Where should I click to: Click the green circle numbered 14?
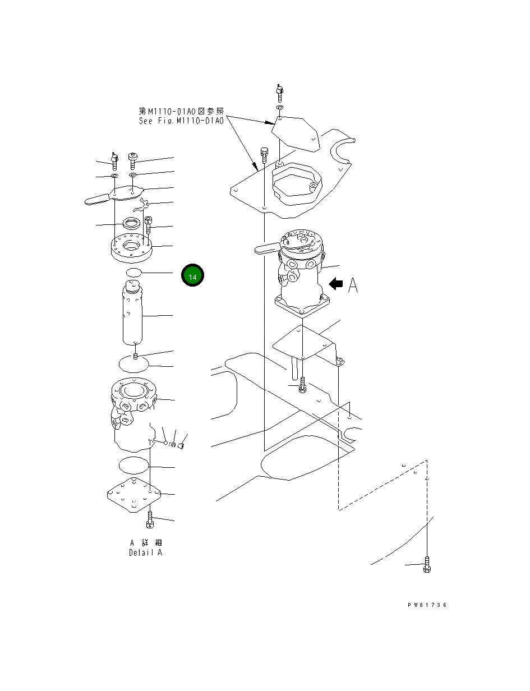[192, 276]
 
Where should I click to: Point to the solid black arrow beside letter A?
[336, 284]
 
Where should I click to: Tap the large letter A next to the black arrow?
[353, 285]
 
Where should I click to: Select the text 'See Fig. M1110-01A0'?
[181, 121]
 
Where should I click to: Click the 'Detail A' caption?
[145, 552]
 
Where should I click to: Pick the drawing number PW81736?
[427, 605]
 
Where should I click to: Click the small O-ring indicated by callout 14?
[133, 273]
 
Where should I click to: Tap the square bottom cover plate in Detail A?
[134, 495]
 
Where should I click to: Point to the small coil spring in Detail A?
[173, 444]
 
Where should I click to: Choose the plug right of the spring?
[182, 446]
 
